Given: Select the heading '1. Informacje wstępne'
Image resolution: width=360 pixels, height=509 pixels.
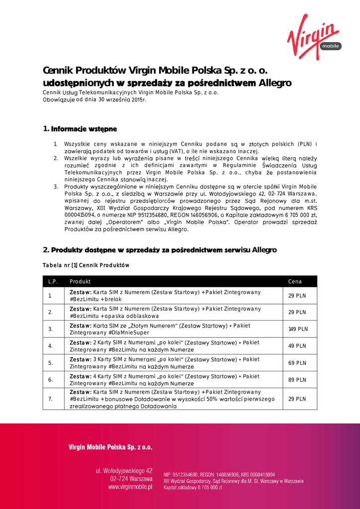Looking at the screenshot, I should click(x=80, y=129).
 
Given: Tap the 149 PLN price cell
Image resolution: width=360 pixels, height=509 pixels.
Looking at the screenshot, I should click(x=298, y=329).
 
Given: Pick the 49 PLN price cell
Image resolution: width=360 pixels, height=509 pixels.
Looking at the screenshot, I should click(x=297, y=346).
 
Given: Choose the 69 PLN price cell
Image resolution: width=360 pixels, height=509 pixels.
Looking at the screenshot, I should click(x=297, y=363).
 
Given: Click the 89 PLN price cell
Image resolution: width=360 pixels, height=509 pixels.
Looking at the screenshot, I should click(x=297, y=380).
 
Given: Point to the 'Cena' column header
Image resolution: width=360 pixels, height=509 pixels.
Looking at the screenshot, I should click(x=295, y=281).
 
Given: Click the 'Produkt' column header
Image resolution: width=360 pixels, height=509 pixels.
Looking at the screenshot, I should click(x=80, y=281).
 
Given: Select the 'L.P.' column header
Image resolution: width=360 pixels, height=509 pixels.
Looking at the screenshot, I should click(x=53, y=281).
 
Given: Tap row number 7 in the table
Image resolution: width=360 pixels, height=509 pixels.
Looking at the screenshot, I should click(x=50, y=399).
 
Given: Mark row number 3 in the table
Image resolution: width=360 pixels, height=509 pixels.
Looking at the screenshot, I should click(x=50, y=329).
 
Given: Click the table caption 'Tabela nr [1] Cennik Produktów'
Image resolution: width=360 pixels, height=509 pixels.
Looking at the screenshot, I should click(x=86, y=265).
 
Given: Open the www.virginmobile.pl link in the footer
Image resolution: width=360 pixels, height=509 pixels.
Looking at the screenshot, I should click(x=130, y=487).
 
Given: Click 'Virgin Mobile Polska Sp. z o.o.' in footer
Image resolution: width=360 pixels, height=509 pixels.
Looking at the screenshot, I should click(x=110, y=447).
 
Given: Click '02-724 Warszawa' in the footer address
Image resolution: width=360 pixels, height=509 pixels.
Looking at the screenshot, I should click(x=131, y=479).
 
